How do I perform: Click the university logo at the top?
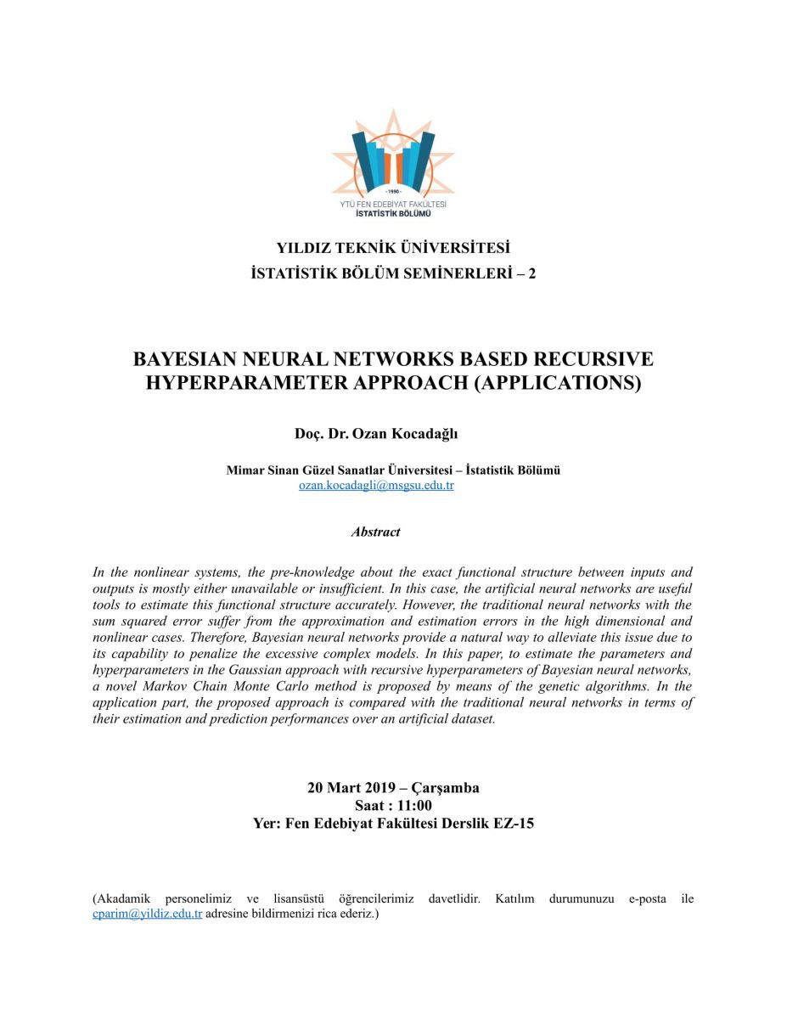[393, 161]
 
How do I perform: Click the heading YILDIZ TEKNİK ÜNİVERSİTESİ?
[393, 249]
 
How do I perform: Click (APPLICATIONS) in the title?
[556, 383]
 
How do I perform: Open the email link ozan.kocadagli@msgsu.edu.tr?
[376, 486]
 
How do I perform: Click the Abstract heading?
[375, 532]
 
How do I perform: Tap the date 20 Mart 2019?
[346, 787]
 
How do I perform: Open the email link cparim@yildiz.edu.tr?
[147, 914]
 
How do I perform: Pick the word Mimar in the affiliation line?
[246, 470]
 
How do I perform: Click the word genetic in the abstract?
[546, 686]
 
